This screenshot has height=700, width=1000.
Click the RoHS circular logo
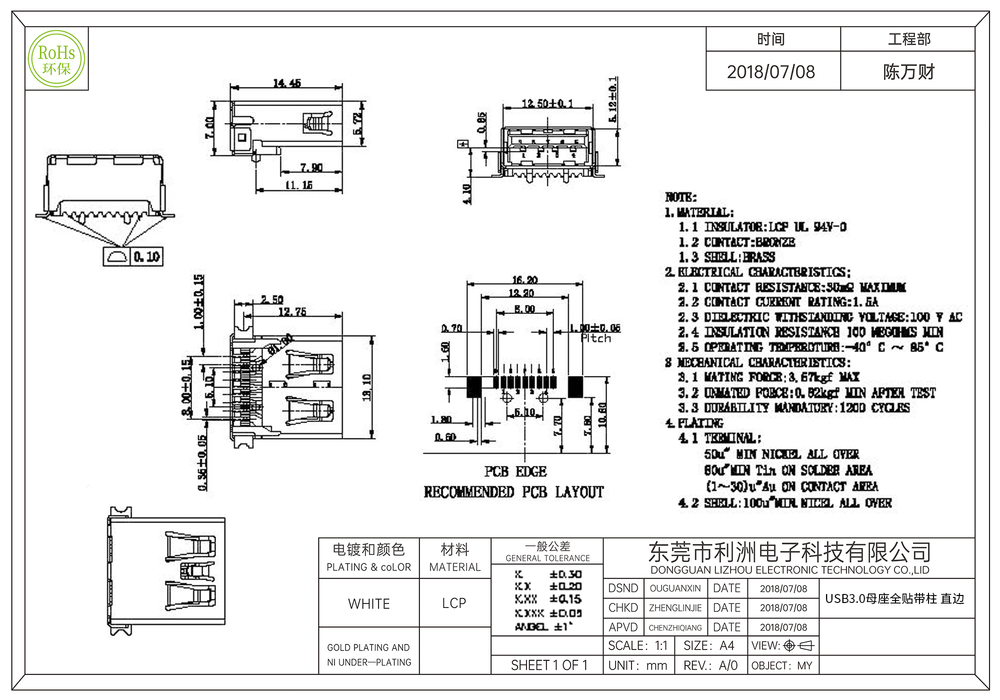56,59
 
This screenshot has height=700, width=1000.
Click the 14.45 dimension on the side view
287,83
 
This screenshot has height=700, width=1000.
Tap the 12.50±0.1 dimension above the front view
547,103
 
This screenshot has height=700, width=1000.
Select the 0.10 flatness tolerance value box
146,257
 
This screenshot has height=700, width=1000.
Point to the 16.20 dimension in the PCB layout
525,280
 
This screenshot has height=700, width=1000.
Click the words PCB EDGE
515,471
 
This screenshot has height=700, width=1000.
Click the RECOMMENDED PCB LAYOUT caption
514,492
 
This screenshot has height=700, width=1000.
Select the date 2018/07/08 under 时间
770,72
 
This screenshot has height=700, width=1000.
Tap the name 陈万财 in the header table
908,72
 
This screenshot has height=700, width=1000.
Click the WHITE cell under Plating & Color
369,603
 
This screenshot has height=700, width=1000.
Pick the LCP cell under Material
454,603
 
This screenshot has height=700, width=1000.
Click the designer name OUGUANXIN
675,588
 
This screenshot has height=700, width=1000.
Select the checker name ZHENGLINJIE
675,608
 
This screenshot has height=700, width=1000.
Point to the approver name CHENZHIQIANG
675,627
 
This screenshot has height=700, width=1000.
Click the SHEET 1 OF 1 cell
549,665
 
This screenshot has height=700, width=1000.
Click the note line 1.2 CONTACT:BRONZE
736,242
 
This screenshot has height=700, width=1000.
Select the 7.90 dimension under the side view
311,167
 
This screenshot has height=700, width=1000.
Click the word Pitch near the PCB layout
596,338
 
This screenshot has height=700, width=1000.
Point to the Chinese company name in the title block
789,552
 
